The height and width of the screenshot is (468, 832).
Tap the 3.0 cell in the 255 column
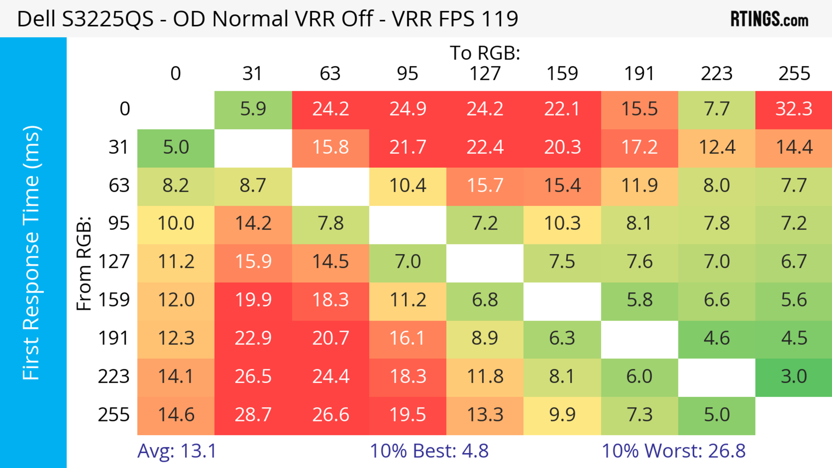[x=794, y=377]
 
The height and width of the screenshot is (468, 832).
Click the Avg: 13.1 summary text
[x=177, y=451]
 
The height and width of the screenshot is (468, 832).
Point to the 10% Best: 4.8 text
[x=429, y=451]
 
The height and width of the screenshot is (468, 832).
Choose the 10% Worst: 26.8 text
[x=673, y=451]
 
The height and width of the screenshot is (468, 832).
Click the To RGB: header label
[x=485, y=53]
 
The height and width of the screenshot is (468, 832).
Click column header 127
[x=485, y=74]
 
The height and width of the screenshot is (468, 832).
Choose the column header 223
[x=716, y=74]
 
